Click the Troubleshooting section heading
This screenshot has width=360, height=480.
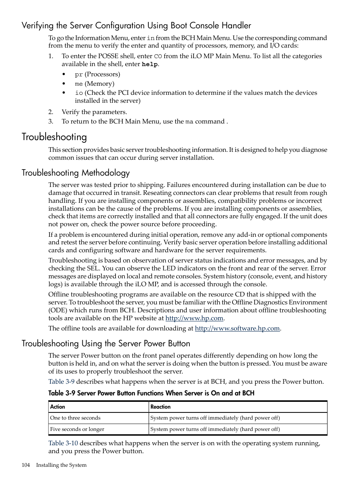[54, 137]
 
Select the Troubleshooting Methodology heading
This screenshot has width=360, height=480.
[75, 173]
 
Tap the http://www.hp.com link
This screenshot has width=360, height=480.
[194, 318]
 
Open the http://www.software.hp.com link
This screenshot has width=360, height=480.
[237, 328]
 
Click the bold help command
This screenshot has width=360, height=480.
[149, 64]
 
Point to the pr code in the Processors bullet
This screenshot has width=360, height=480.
[78, 74]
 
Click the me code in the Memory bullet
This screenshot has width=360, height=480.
[78, 84]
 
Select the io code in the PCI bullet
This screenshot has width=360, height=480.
[78, 93]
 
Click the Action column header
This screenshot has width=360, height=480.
[58, 407]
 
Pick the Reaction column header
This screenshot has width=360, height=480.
[160, 407]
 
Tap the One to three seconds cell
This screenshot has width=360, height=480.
[75, 418]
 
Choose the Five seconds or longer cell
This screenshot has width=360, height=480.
[77, 429]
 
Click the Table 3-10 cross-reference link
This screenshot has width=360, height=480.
[63, 443]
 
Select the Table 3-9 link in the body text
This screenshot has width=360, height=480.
[61, 381]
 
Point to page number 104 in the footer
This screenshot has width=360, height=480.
[26, 465]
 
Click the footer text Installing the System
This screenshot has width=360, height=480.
[61, 465]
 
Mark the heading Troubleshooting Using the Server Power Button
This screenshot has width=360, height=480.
[106, 343]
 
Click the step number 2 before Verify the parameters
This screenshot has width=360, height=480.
[51, 112]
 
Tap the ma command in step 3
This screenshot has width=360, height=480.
[189, 122]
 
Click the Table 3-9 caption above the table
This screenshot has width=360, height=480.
[151, 393]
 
